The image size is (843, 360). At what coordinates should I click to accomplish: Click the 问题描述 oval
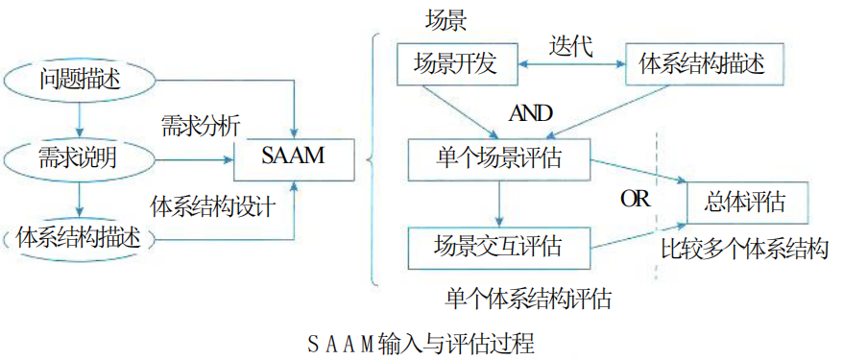pos(81,78)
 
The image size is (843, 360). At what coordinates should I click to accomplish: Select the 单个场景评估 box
pos(497,158)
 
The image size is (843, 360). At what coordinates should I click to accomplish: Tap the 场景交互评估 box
pos(497,247)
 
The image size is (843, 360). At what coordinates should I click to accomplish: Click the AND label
pos(531,113)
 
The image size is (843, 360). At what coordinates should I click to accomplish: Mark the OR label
pos(635,200)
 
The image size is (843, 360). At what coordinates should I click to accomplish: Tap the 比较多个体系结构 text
pos(744,250)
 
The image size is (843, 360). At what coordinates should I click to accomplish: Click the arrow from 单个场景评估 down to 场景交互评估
pos(497,203)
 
